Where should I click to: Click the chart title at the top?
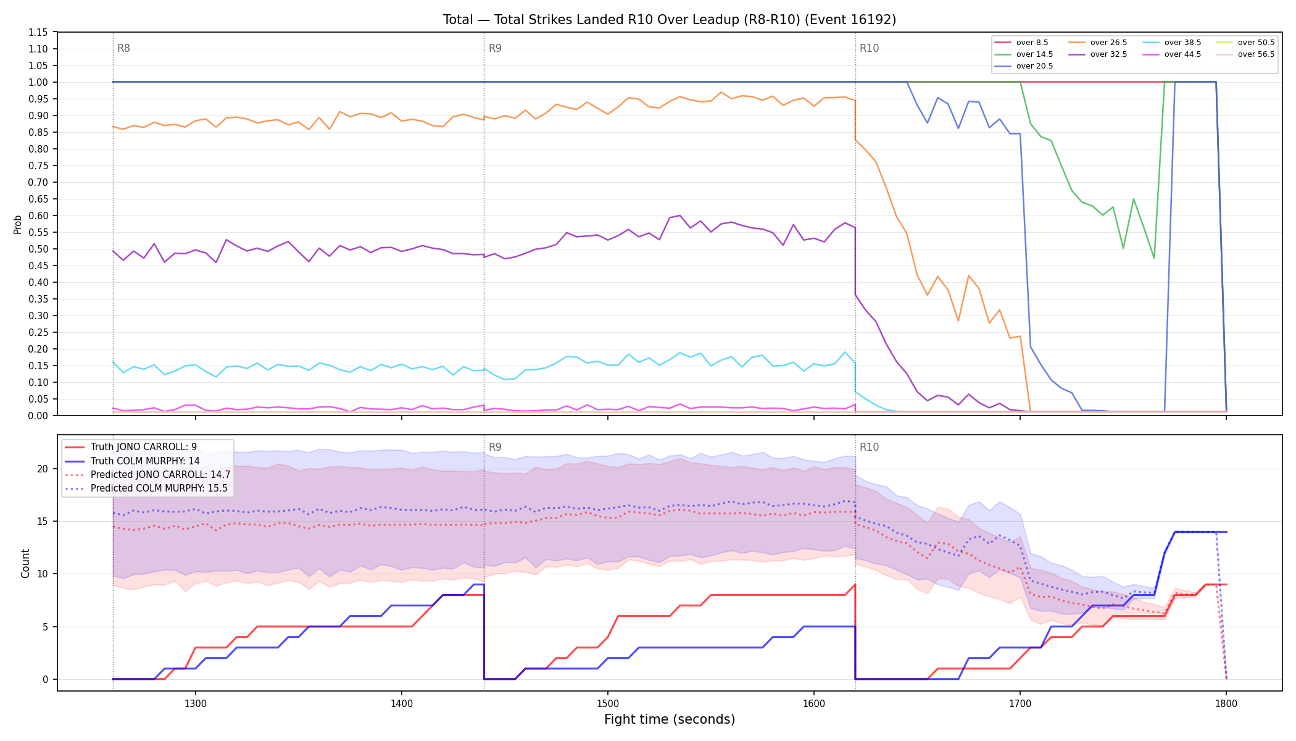tap(670, 20)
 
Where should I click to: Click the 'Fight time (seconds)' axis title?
tap(670, 719)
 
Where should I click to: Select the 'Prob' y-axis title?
tap(18, 224)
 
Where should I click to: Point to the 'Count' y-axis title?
tap(25, 563)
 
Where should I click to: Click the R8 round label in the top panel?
tap(123, 48)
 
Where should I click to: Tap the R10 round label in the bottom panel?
tap(869, 447)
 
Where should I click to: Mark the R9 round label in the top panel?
tap(495, 48)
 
